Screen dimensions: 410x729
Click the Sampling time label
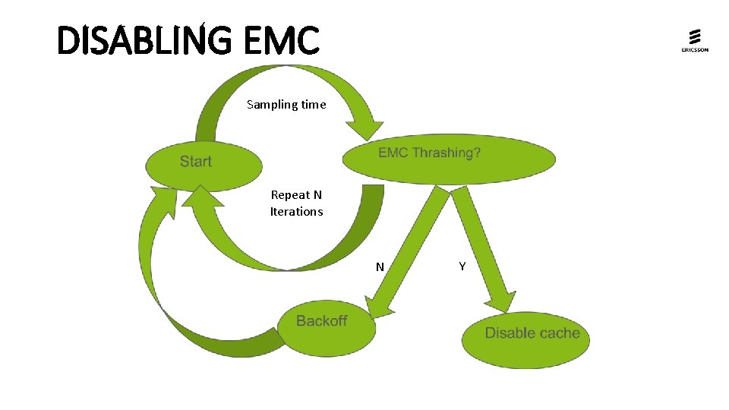286,105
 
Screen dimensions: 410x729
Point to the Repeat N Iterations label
296,203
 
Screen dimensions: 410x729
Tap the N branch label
380,266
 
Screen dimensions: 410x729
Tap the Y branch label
462,266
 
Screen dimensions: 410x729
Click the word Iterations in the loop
296,212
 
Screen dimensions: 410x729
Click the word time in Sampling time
313,105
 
